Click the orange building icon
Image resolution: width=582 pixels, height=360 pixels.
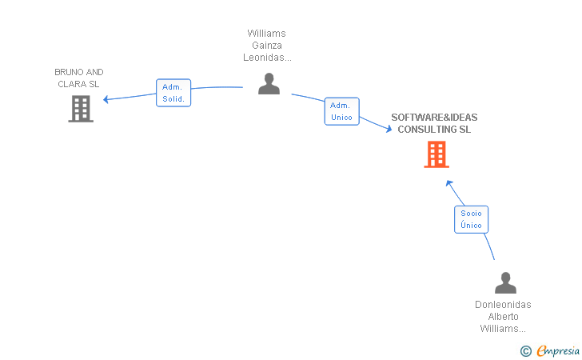(x=436, y=154)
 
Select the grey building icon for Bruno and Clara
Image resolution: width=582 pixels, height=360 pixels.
(x=81, y=109)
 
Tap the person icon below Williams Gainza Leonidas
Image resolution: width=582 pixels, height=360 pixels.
(x=269, y=83)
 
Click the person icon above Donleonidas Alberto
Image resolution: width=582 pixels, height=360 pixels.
(x=505, y=282)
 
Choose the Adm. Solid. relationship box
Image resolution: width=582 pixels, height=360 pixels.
(x=173, y=93)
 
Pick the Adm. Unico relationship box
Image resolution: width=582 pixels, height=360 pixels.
(x=342, y=111)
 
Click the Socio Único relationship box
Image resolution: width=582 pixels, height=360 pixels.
(x=472, y=219)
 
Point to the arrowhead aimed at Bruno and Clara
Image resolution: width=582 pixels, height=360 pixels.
(x=106, y=99)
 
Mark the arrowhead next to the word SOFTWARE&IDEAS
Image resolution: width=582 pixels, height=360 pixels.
(x=389, y=129)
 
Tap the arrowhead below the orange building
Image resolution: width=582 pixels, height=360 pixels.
(x=449, y=182)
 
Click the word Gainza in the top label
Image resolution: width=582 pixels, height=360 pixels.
(x=267, y=46)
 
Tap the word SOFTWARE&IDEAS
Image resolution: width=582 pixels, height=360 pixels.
(x=434, y=118)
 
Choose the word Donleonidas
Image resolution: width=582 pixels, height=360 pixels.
(x=503, y=305)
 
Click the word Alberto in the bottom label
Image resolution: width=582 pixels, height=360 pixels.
(x=504, y=317)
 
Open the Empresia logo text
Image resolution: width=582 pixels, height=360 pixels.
(x=558, y=350)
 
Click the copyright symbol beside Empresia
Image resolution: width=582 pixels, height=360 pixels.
(x=526, y=351)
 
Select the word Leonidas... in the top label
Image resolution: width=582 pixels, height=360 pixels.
(x=267, y=58)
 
